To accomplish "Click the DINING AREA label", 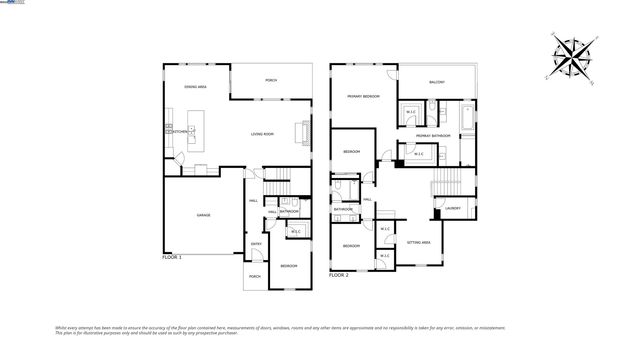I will [x=196, y=87].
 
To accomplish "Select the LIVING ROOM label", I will [x=263, y=133].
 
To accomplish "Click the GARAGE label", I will [x=203, y=215].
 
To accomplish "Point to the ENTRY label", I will [x=256, y=243].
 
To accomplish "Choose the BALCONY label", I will [x=437, y=82].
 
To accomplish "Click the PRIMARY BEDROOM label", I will [x=363, y=96].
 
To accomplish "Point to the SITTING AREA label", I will [x=419, y=242].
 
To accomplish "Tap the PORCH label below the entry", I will [x=255, y=277].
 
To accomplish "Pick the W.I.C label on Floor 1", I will [x=295, y=232].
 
